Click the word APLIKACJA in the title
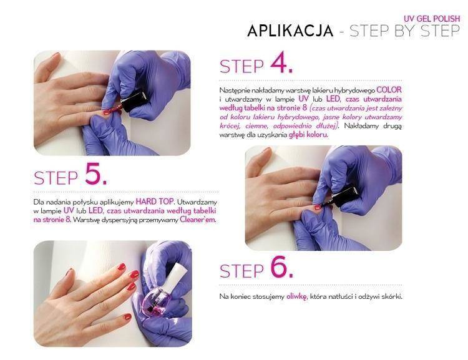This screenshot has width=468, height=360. coord(290,31)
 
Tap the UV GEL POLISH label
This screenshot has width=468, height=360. coord(432,19)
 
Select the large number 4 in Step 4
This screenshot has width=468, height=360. coord(281,63)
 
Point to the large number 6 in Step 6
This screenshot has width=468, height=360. coord(281,268)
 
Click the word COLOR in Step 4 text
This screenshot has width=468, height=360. coord(389,90)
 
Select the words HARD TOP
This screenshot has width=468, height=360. coord(154,202)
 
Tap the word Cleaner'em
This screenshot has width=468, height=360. coord(197,220)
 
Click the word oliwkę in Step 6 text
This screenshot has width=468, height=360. coord(296,297)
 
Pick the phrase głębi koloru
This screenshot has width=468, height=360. coord(308,135)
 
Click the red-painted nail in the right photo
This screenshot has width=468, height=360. coord(318,207)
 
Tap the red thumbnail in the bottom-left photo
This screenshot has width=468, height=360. coord(127,317)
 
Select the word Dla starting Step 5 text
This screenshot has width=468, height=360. coord(39,202)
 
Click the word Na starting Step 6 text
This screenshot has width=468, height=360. coord(223,297)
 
